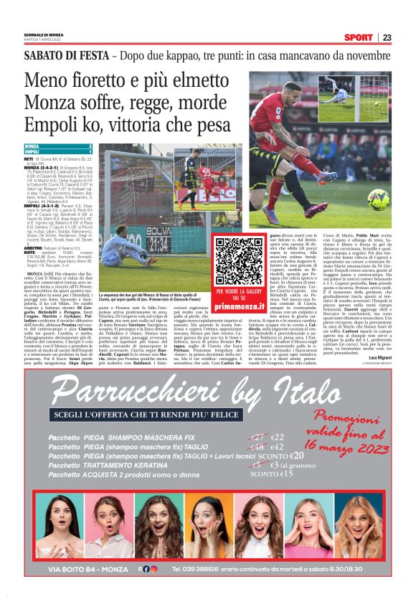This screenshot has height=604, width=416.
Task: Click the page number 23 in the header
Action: coord(386,37)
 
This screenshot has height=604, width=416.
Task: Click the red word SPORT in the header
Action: coord(358,37)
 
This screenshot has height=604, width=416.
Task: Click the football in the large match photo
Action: coord(377,198)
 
